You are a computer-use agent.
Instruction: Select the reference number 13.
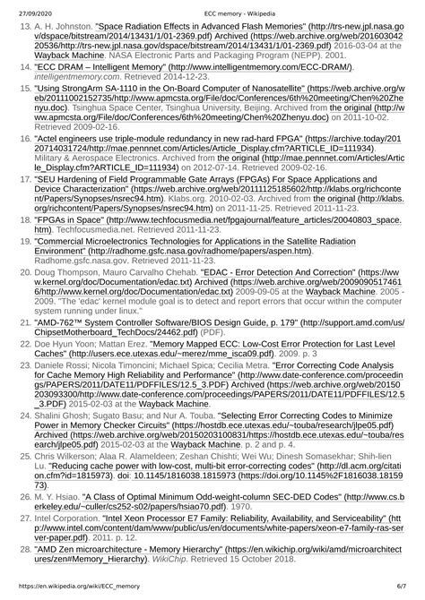pos(25,28)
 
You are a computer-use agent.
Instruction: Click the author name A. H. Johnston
pos(62,28)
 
